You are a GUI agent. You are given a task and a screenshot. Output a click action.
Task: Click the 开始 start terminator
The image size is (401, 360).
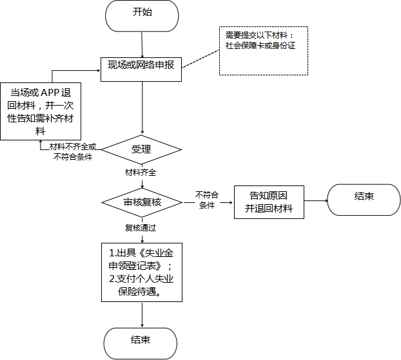[141, 15]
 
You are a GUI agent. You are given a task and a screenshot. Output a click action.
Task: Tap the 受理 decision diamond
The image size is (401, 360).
[141, 149]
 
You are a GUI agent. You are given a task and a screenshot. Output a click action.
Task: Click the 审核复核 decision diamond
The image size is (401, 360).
[142, 202]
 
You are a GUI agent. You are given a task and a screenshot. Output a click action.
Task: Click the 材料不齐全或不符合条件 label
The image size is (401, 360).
[73, 153]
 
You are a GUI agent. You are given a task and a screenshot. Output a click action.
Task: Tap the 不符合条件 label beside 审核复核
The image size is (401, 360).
[207, 200]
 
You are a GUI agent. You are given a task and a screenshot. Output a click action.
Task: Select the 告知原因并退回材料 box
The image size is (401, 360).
[268, 202]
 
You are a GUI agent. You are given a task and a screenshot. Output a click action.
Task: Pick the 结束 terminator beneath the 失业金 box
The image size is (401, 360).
[141, 340]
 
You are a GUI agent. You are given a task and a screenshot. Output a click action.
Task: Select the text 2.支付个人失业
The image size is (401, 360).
[141, 278]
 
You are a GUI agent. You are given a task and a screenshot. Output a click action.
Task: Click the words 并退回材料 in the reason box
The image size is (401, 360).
[268, 209]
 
